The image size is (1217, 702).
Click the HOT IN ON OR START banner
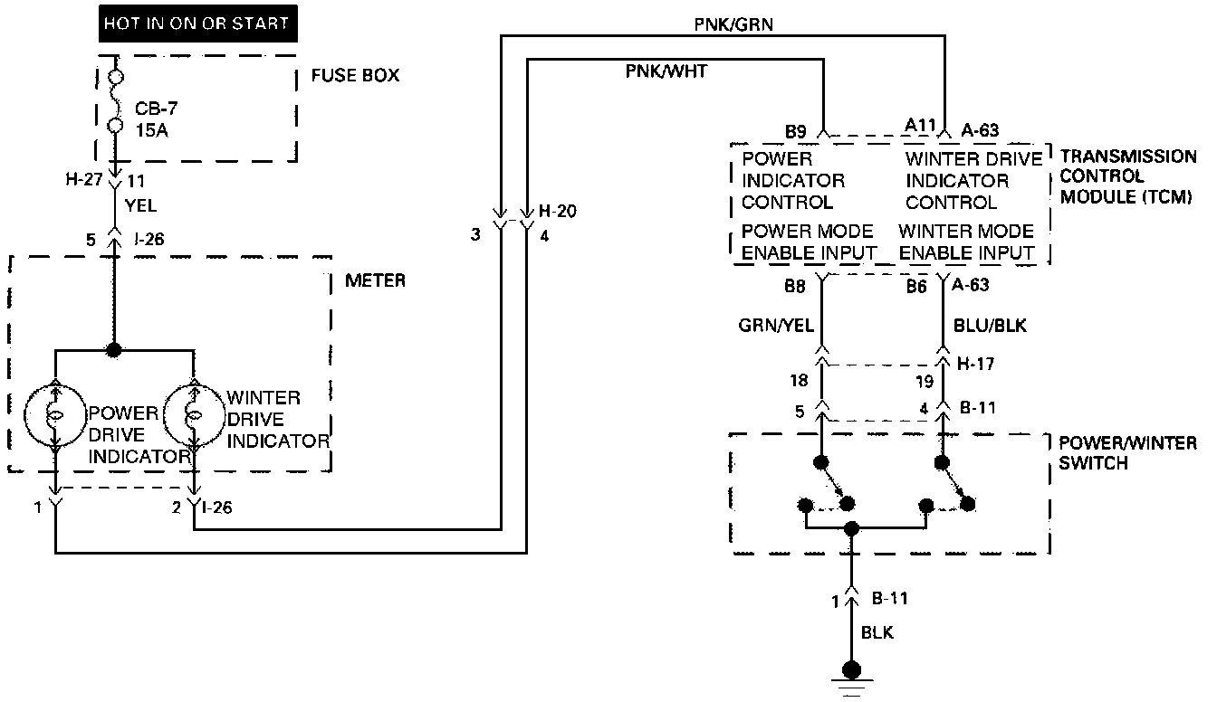(197, 23)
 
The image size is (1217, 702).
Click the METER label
(375, 280)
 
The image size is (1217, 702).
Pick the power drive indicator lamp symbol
(55, 416)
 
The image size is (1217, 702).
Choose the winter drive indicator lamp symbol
(192, 416)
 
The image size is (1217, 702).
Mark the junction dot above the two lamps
(114, 349)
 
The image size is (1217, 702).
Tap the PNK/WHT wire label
(666, 71)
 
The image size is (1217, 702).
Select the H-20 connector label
(558, 212)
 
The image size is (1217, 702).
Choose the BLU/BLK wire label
(991, 325)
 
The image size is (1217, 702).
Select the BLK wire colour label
(877, 632)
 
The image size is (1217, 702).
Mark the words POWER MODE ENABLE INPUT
(809, 242)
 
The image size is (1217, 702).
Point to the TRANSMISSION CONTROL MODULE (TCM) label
(1127, 176)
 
